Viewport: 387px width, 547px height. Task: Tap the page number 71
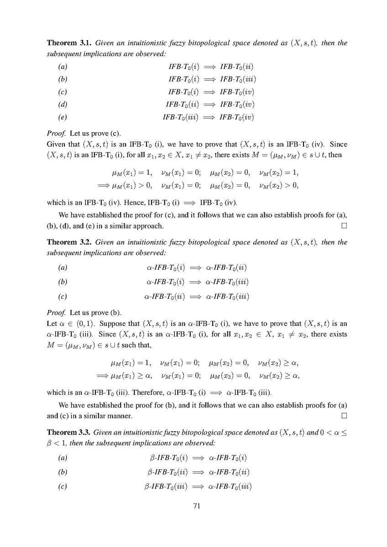pos(193,506)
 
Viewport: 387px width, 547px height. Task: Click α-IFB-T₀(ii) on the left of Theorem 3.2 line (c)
pos(165,296)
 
